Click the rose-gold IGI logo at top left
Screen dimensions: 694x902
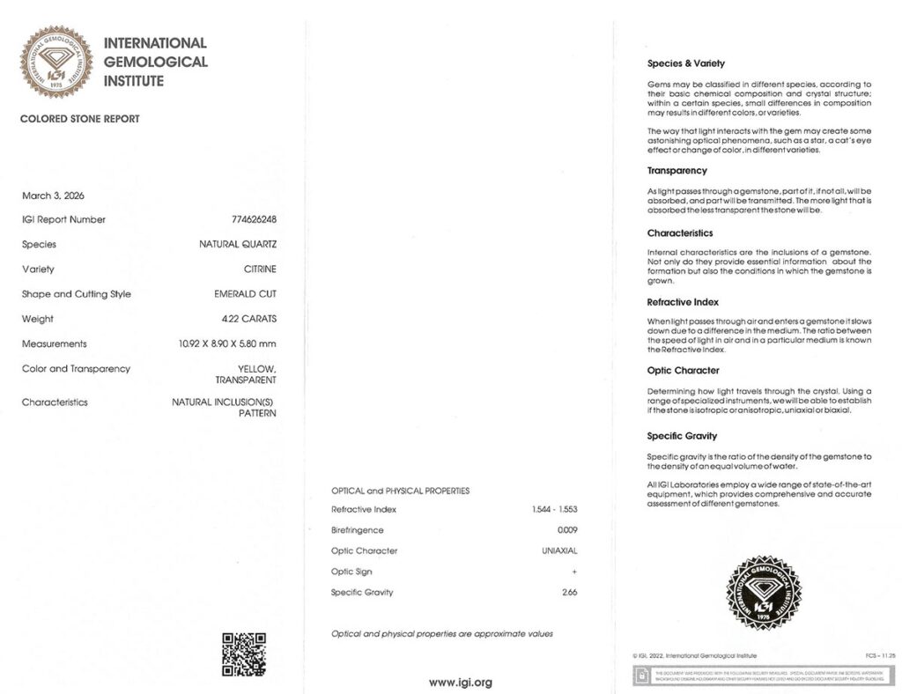(x=56, y=62)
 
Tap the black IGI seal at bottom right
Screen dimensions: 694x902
(x=763, y=593)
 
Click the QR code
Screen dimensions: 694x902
(x=243, y=654)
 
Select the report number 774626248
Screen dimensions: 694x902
(x=254, y=219)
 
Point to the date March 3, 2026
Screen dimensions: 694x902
(x=53, y=196)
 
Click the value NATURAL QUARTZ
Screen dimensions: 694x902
(x=238, y=245)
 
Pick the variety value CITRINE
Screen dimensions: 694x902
(x=260, y=269)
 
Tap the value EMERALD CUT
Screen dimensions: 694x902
(x=245, y=294)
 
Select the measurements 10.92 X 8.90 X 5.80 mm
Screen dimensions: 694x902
(x=226, y=343)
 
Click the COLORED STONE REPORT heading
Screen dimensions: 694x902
(x=79, y=119)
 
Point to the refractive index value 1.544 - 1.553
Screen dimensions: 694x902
(x=554, y=509)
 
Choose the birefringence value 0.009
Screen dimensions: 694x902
(x=567, y=530)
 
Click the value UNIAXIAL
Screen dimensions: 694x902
(x=559, y=550)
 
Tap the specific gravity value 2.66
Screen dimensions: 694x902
(x=569, y=592)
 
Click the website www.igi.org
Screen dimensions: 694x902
(x=460, y=682)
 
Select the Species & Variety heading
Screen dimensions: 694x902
(x=685, y=63)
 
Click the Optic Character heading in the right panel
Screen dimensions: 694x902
(x=683, y=371)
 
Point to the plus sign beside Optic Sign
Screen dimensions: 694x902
(x=574, y=572)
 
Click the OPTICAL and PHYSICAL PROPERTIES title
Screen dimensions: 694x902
(x=400, y=491)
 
